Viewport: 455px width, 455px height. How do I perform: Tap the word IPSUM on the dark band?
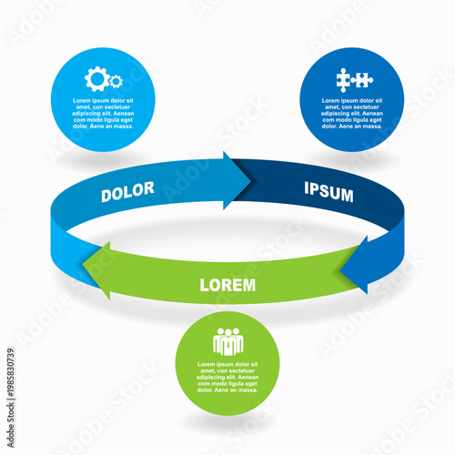pos(328,194)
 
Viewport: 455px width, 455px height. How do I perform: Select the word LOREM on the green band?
pos(227,285)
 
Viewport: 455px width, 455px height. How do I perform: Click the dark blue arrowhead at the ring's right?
pos(357,264)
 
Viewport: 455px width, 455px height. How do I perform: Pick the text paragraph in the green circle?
pos(227,377)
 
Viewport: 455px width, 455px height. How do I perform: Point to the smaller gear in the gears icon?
pos(116,82)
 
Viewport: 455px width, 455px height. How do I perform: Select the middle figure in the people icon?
pos(227,344)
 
